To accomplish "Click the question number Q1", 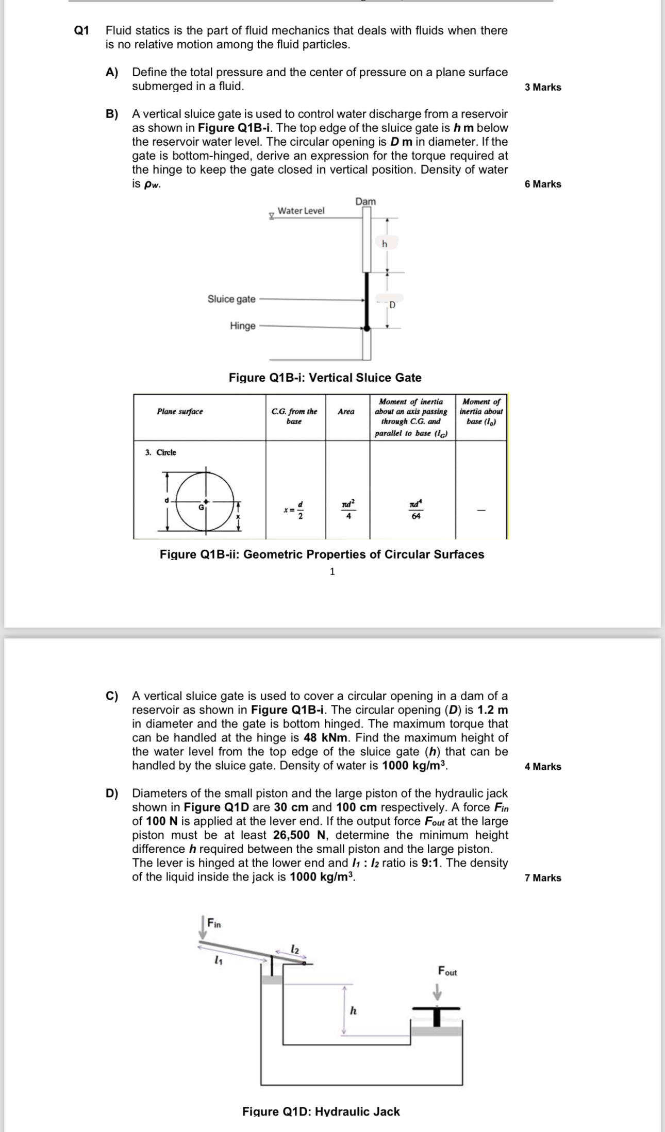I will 82,30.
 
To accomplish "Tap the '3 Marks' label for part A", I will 543,87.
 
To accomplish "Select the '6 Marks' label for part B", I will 543,184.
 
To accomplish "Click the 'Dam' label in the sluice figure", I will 365,201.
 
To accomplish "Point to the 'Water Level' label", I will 301,211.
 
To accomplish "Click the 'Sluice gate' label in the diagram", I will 231,299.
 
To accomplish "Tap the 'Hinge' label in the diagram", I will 243,326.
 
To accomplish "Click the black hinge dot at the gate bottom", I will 367,328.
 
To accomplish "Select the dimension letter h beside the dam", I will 385,244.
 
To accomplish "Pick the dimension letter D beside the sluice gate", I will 392,305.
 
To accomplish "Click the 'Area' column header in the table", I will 346,411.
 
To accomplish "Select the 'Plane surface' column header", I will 180,411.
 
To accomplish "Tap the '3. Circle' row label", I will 161,452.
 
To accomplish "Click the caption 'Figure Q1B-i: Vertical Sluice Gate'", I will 325,378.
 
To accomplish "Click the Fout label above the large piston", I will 447,971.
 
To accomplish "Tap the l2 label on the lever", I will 294,948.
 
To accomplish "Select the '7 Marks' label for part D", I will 543,878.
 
